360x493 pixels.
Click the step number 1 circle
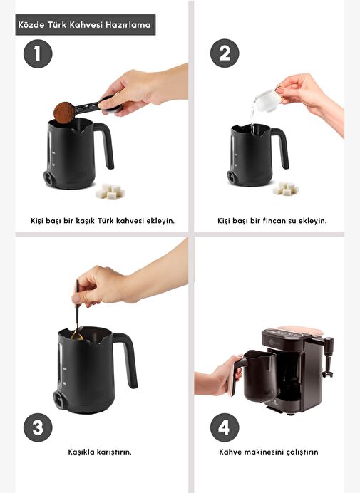(38, 53)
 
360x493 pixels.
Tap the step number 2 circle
(225, 53)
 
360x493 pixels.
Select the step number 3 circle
(38, 427)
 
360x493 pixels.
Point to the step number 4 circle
(225, 427)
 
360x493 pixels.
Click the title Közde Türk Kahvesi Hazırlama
(85, 24)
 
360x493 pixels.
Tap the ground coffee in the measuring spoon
(64, 113)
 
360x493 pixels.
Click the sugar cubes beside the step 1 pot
(110, 192)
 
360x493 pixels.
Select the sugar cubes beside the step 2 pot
(285, 188)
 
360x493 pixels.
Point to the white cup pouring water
(266, 100)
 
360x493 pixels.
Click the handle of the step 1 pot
(106, 145)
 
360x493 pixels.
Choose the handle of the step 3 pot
(128, 359)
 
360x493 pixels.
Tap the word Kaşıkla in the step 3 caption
(81, 452)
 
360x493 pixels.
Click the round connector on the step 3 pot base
(59, 399)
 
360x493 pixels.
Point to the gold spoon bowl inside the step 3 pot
(77, 336)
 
